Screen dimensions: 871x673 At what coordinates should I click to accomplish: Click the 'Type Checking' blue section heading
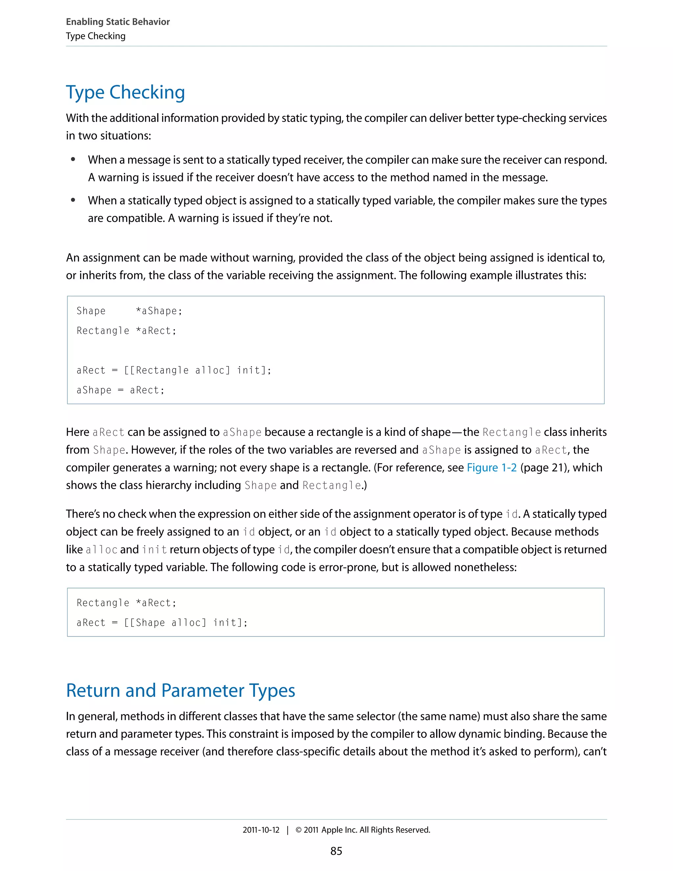click(125, 93)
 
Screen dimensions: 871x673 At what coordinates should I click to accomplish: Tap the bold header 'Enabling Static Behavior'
click(118, 22)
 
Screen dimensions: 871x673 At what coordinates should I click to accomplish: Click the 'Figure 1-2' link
click(492, 467)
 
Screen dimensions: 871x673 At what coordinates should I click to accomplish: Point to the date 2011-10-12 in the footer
click(261, 830)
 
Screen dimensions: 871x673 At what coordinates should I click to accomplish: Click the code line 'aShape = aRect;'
click(120, 390)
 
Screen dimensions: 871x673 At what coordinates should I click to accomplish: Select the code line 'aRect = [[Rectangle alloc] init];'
click(174, 370)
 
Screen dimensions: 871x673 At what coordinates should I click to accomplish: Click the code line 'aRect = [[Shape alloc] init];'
click(162, 623)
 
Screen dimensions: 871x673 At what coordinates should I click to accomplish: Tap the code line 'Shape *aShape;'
click(129, 311)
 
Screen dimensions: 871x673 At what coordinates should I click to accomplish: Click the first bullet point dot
click(73, 159)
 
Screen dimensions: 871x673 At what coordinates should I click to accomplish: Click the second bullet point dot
click(73, 200)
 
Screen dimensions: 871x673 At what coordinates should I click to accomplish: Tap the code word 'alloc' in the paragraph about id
click(101, 550)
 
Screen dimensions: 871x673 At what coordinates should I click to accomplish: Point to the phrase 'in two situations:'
click(108, 136)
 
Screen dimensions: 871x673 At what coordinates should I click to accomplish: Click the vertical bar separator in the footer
click(288, 830)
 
